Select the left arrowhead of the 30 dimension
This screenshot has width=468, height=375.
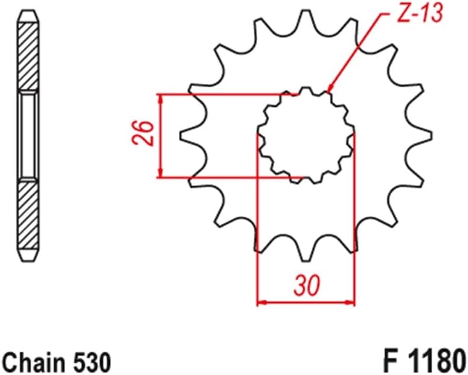[x=261, y=301]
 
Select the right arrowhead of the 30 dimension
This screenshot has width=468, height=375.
[x=350, y=301]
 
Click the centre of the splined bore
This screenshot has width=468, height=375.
[x=306, y=136]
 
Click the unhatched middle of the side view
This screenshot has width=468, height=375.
[x=28, y=136]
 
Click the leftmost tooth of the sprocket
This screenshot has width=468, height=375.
[x=187, y=136]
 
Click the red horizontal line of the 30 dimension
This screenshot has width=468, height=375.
[x=306, y=301]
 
